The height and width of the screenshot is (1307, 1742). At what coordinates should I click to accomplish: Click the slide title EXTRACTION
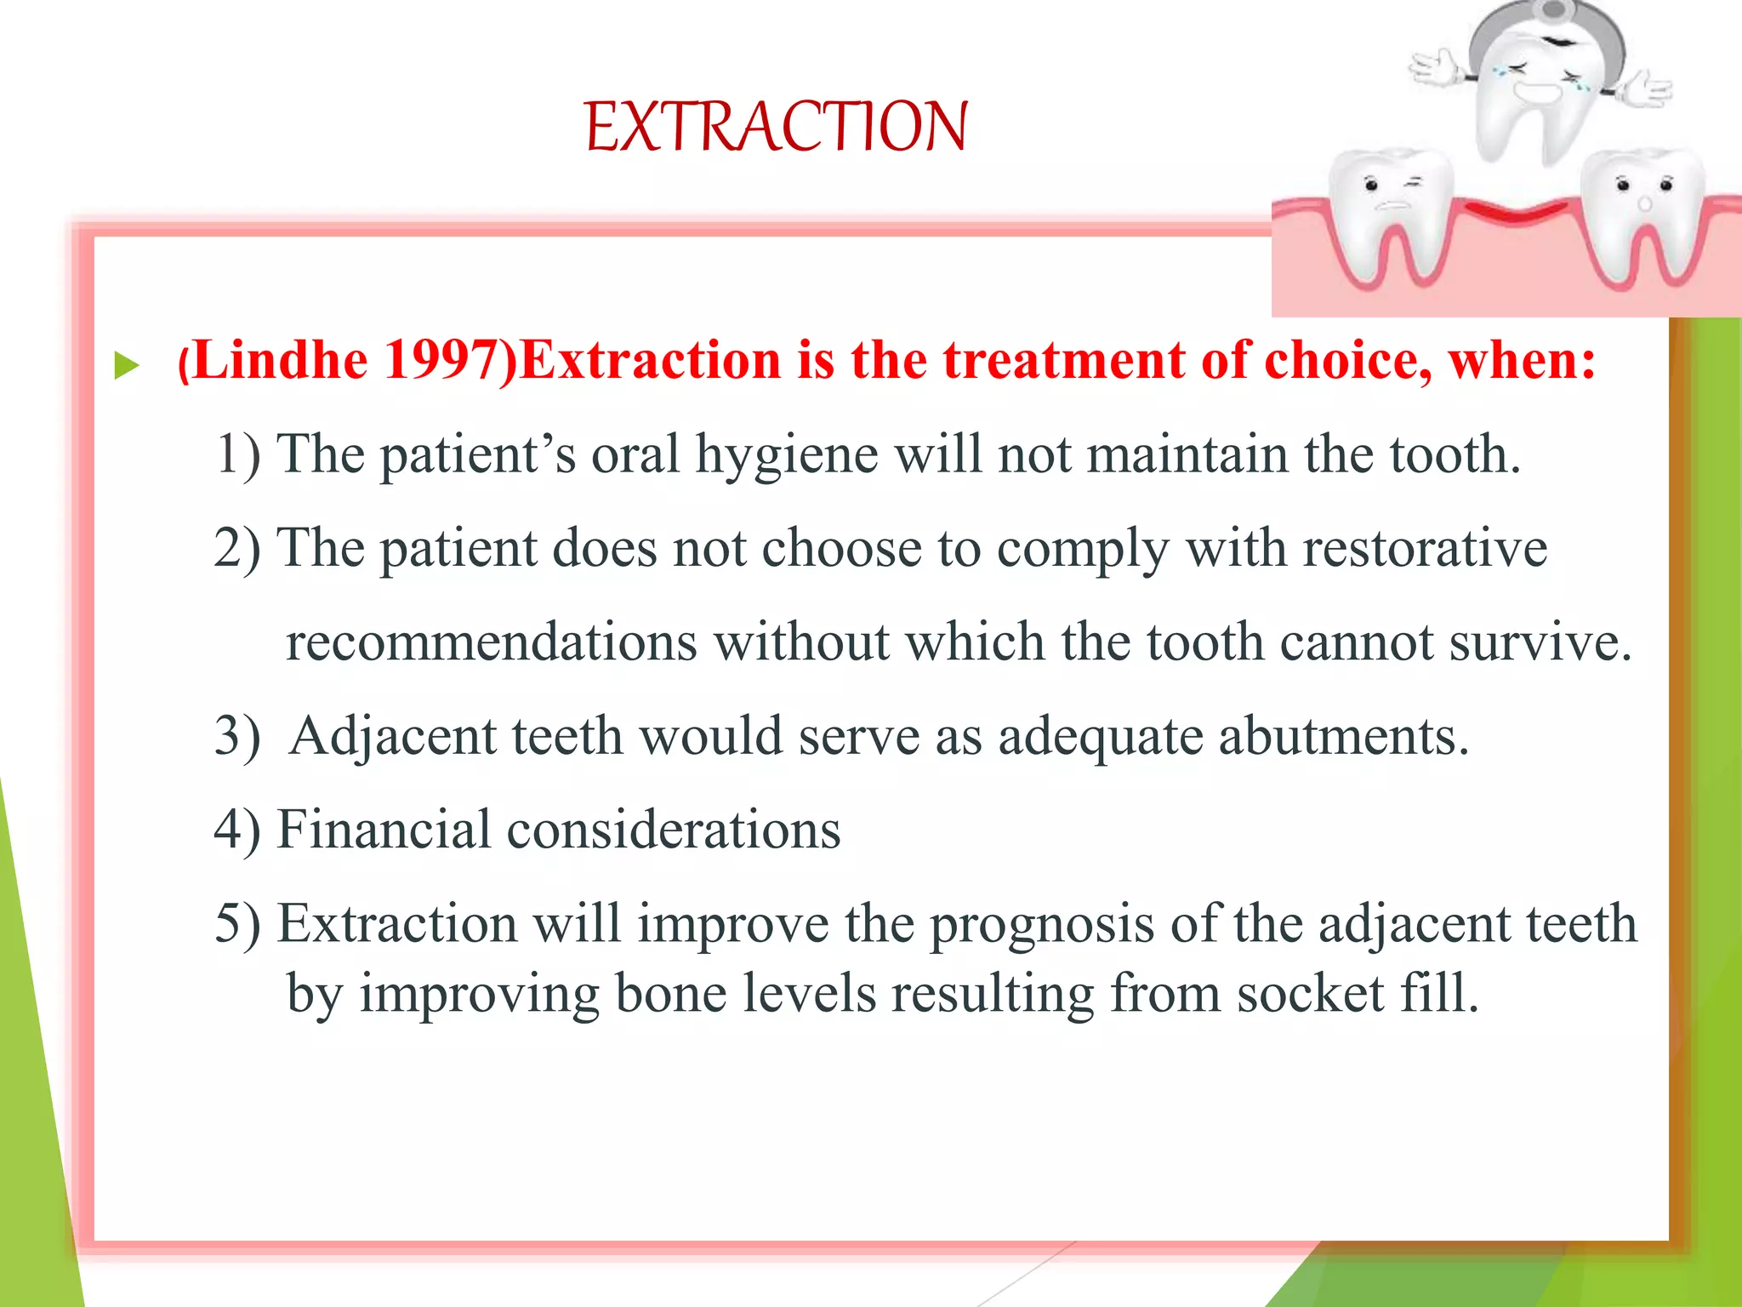coord(776,128)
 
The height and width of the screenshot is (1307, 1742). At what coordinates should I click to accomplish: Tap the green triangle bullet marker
coord(126,366)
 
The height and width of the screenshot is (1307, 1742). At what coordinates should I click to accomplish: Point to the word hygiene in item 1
coord(786,456)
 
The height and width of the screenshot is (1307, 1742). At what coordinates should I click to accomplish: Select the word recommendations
coord(491,642)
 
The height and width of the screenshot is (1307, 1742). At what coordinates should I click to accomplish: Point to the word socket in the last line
coord(1310,994)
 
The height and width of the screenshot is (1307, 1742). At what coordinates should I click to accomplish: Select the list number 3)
coord(236,737)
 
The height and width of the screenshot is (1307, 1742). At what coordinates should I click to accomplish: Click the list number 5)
coord(236,925)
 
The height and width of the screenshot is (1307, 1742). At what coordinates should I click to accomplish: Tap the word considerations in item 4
coord(673,830)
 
